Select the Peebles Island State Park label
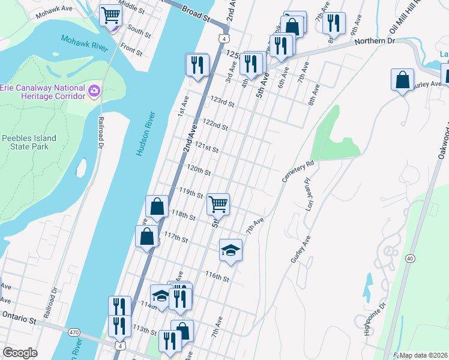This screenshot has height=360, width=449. pyautogui.click(x=29, y=142)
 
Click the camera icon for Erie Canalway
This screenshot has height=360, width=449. pyautogui.click(x=94, y=91)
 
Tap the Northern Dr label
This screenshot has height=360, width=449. pyautogui.click(x=375, y=41)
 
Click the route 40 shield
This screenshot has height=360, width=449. pyautogui.click(x=410, y=258)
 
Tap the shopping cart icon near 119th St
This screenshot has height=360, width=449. pyautogui.click(x=218, y=204)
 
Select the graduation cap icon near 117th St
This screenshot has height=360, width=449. pyautogui.click(x=230, y=250)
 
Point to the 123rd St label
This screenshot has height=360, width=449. pyautogui.click(x=220, y=102)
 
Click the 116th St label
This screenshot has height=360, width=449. pyautogui.click(x=217, y=277)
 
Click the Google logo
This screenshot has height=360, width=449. pyautogui.click(x=20, y=353)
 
